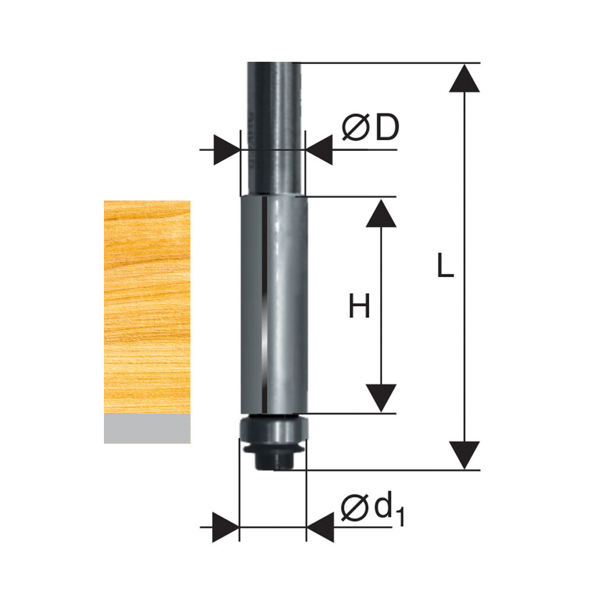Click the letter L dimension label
(x=445, y=265)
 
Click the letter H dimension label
(x=359, y=305)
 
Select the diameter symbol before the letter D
(x=355, y=128)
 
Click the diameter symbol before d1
(x=355, y=508)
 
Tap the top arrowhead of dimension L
(x=465, y=78)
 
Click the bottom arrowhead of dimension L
(x=465, y=455)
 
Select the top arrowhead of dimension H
(x=381, y=213)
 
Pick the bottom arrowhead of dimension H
(x=381, y=398)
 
